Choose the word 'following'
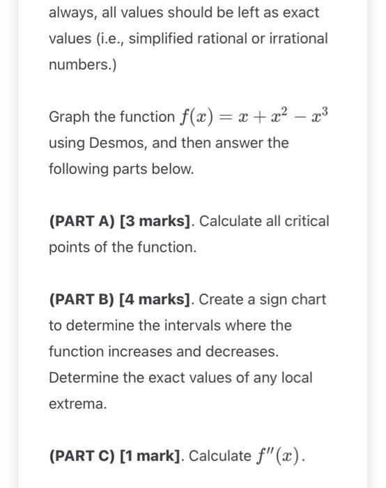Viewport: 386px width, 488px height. coord(78,169)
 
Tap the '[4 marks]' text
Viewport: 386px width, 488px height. coord(155,300)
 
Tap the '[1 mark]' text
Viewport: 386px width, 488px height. coord(151,457)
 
